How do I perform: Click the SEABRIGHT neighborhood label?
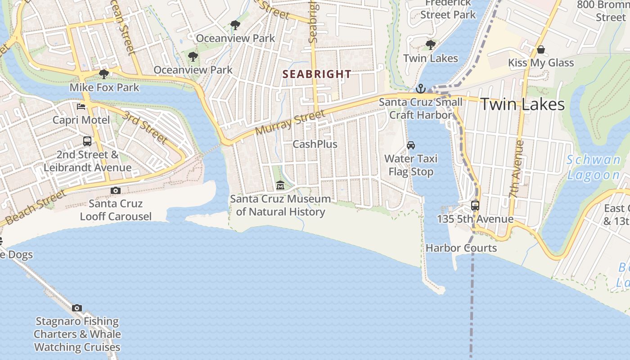point(317,74)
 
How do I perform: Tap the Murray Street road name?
point(290,123)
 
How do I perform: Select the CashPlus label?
point(315,144)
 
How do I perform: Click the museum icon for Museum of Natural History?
point(280,185)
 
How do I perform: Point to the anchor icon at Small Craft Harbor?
point(420,89)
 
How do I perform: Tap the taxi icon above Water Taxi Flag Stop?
point(410,145)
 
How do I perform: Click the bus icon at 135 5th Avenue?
point(475,206)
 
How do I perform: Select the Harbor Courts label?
point(461,248)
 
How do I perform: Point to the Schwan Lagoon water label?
point(594,167)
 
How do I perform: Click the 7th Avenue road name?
point(517,169)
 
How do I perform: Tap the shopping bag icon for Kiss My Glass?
point(541,49)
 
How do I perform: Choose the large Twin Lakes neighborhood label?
point(522,104)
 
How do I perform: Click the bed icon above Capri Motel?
point(81,107)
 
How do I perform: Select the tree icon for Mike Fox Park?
point(104,74)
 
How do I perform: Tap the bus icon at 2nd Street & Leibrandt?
point(87,141)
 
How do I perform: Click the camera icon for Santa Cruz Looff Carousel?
point(116,190)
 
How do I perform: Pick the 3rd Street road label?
point(145,127)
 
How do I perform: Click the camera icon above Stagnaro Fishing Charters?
point(77,308)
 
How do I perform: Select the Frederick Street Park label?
point(448,9)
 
